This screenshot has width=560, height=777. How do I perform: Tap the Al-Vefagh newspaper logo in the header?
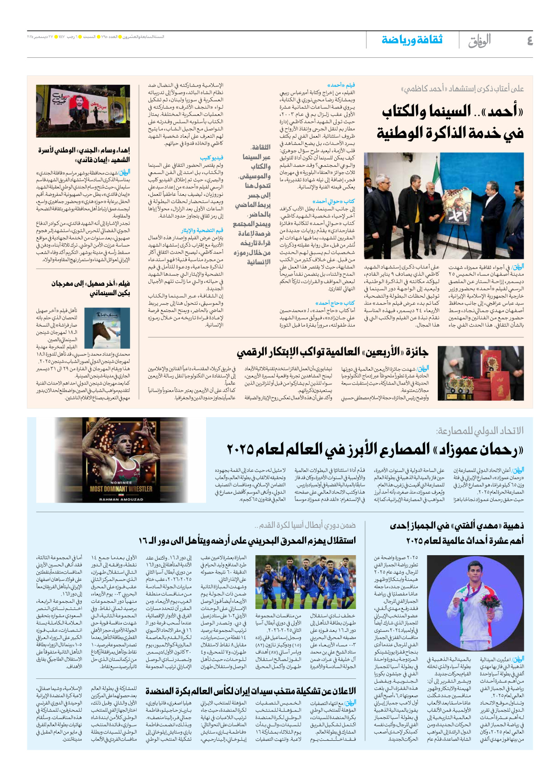coord(479,41)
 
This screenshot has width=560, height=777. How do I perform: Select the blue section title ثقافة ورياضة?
coord(412,40)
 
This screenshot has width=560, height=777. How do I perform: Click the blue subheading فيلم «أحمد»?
coord(341,85)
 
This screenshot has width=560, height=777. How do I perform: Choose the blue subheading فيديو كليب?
coord(211,158)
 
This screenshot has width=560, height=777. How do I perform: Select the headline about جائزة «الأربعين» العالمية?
coord(332,352)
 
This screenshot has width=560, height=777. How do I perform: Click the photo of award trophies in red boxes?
coord(480,373)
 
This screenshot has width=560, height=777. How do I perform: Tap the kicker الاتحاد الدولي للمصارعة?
coord(479,431)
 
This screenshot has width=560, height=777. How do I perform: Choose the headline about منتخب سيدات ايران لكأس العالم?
coord(251,691)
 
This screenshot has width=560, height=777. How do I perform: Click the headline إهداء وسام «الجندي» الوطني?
coord(84,155)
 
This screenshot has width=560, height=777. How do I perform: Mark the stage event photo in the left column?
coord(83,111)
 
